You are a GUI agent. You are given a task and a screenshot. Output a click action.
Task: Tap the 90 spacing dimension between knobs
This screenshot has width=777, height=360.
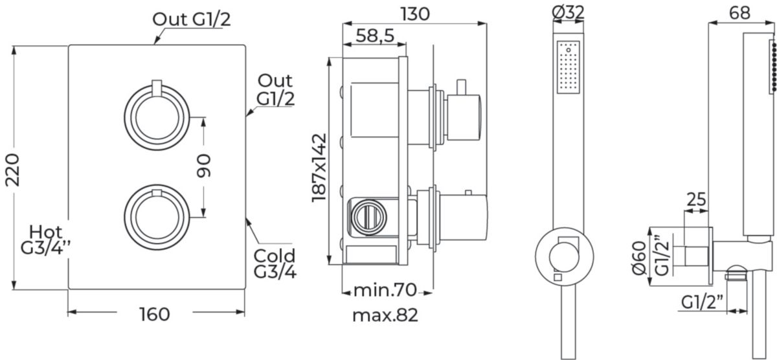tap(204, 166)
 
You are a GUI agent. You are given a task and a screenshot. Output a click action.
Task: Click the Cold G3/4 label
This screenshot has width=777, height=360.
tap(275, 264)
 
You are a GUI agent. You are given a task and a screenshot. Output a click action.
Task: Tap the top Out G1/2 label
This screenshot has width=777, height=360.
tap(191, 19)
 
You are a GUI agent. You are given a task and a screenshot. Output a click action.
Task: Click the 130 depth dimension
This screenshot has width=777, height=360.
tap(415, 14)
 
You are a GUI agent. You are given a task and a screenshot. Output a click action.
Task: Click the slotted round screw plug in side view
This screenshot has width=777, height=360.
tap(367, 217)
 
